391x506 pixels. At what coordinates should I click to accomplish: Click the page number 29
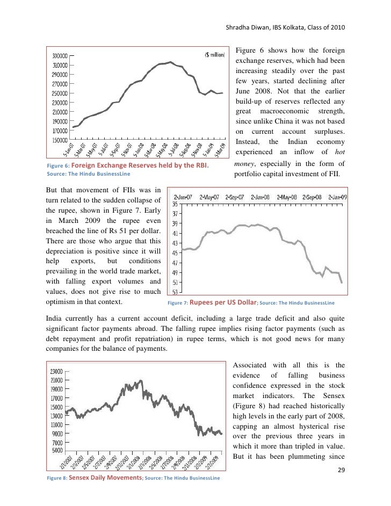click(x=340, y=471)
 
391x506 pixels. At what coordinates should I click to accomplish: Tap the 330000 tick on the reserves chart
click(x=59, y=55)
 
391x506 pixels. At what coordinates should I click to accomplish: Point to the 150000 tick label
click(x=59, y=140)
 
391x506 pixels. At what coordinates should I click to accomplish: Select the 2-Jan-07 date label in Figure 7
click(x=184, y=197)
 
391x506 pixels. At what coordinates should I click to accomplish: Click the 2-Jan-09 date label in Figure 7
click(x=338, y=197)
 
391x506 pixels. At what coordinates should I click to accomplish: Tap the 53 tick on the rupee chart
click(x=175, y=292)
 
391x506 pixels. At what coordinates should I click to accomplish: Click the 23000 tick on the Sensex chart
click(x=56, y=371)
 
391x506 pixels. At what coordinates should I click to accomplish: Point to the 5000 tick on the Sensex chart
click(x=57, y=450)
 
